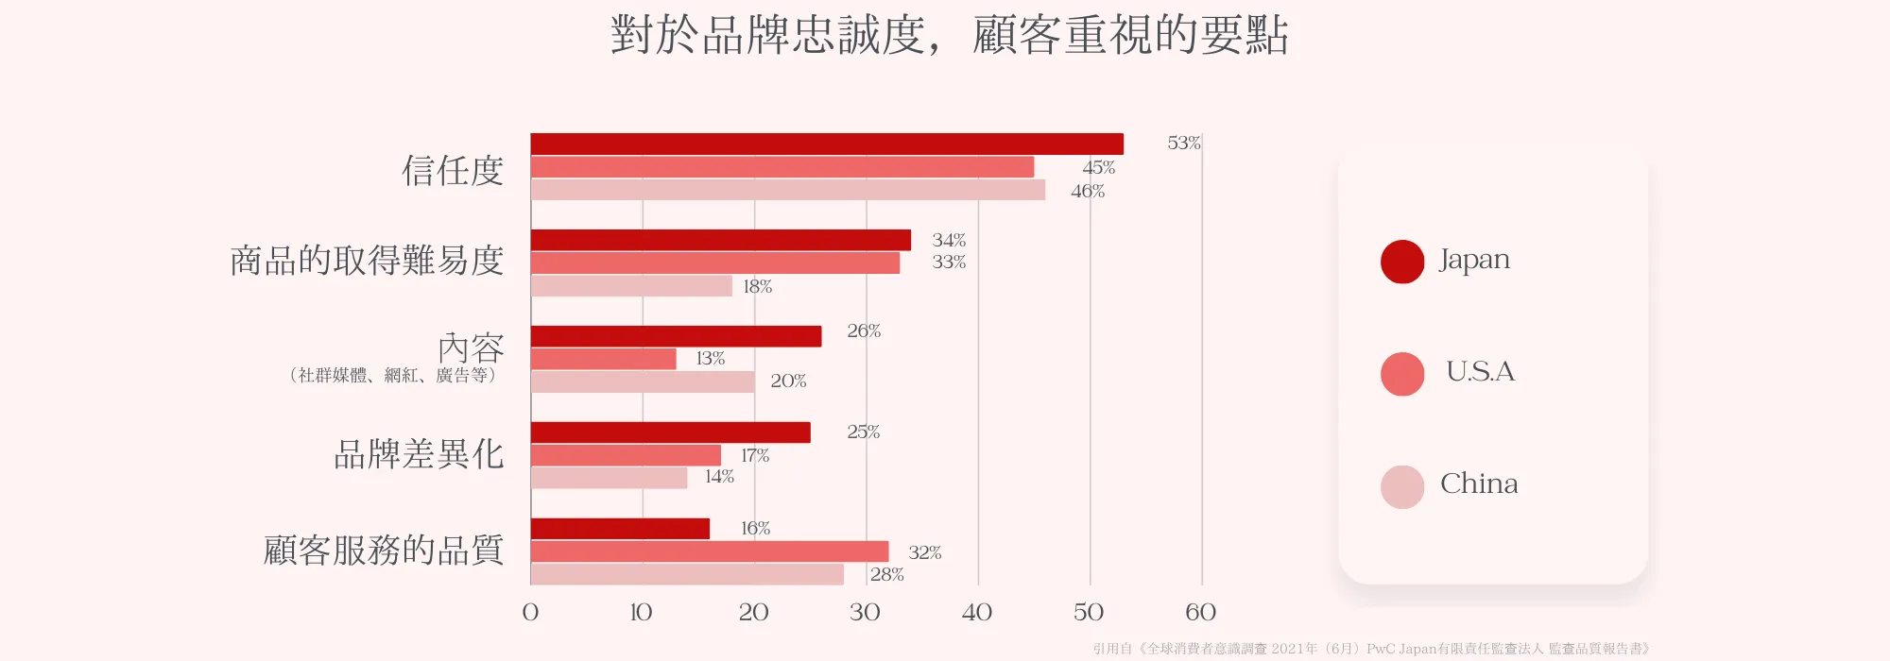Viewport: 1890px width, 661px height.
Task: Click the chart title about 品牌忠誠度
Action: (949, 36)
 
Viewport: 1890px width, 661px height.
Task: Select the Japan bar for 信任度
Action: (827, 144)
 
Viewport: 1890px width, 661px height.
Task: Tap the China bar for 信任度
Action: (787, 190)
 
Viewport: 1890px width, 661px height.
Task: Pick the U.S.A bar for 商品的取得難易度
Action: (714, 263)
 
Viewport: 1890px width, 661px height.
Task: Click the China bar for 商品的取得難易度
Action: (631, 286)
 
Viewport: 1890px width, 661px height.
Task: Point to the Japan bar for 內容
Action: (676, 336)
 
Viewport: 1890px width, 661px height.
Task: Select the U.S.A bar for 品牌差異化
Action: (626, 455)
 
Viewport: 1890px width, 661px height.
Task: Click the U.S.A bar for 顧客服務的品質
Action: (709, 551)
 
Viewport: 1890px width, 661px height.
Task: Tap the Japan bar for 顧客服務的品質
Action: (620, 529)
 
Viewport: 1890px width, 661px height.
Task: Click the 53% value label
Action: (1183, 144)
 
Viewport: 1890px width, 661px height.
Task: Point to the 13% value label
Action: (710, 359)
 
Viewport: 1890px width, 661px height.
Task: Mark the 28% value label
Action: (886, 575)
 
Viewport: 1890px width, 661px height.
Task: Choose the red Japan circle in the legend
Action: (1402, 262)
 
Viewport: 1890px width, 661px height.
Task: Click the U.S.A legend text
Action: (1480, 372)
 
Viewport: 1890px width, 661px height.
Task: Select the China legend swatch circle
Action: (1402, 487)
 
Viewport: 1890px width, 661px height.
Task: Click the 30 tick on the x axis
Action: (865, 613)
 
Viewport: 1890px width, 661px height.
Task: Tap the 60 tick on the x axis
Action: (1200, 613)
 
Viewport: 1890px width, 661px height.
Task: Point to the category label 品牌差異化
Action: (419, 455)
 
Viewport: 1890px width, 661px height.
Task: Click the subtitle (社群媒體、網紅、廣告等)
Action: (392, 376)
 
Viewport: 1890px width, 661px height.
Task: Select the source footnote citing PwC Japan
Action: (1371, 649)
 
